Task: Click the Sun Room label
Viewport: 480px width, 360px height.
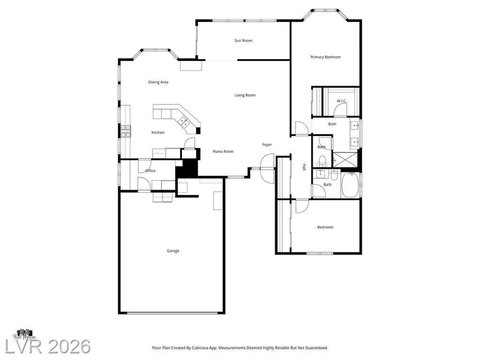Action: click(243, 40)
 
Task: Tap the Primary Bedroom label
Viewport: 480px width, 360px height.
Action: click(325, 57)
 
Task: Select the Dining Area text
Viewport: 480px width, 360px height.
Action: click(158, 82)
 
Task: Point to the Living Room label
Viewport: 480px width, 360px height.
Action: click(245, 95)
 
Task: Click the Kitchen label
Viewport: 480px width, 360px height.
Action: click(158, 132)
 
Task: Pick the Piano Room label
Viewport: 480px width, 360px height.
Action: click(223, 152)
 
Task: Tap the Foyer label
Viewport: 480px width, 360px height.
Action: click(267, 144)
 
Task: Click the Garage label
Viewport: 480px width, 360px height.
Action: click(173, 251)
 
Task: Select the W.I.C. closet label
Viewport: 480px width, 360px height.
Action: click(342, 101)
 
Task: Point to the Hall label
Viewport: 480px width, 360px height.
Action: click(304, 167)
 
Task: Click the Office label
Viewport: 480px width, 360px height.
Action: click(150, 171)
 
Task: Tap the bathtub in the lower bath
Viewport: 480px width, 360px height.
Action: click(351, 185)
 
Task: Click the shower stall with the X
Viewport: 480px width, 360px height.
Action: click(345, 159)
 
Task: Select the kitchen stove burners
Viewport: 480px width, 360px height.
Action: click(126, 132)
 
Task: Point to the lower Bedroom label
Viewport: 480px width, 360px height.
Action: click(325, 227)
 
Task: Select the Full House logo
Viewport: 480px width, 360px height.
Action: click(25, 334)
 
